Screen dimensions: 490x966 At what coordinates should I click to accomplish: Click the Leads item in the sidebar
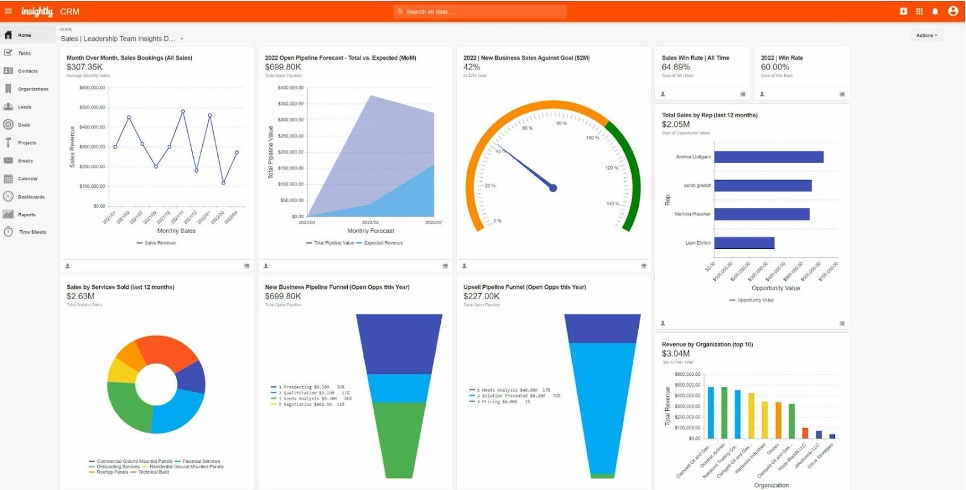(x=24, y=107)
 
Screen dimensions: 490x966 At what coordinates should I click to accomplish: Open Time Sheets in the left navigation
(x=32, y=232)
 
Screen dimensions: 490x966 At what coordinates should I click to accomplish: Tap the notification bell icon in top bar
(x=935, y=11)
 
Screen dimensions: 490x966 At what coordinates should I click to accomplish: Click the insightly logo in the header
(x=37, y=11)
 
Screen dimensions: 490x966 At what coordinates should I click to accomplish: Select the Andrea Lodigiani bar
(x=769, y=157)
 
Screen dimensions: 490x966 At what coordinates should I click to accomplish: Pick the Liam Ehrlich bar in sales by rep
(x=744, y=243)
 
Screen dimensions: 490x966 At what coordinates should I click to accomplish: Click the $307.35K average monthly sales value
(x=85, y=67)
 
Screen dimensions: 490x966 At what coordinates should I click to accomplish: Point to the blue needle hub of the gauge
(x=553, y=188)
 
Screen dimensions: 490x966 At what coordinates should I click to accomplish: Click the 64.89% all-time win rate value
(x=676, y=67)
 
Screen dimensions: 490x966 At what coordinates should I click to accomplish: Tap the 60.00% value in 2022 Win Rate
(x=775, y=67)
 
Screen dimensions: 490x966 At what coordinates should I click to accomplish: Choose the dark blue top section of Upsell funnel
(x=602, y=328)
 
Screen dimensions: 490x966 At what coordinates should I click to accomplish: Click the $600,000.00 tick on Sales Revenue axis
(x=92, y=88)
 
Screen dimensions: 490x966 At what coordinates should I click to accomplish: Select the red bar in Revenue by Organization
(x=805, y=433)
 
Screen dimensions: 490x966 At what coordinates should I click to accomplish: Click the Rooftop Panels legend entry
(x=112, y=472)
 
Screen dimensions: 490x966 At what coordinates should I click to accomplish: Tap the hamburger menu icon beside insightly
(x=8, y=11)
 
